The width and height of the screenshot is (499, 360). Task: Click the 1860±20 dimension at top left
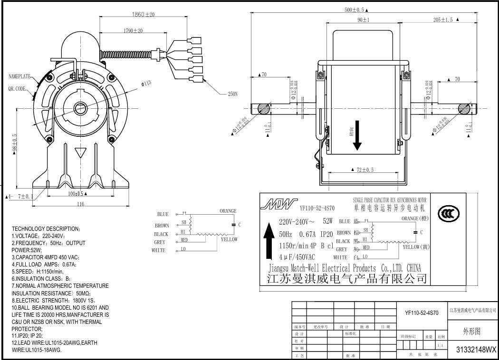143,15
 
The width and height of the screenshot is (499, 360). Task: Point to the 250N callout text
232,94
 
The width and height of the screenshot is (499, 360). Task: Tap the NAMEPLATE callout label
19,76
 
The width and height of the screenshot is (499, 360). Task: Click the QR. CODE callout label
17,89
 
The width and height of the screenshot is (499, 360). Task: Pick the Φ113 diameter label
146,84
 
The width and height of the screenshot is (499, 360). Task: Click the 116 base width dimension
80,204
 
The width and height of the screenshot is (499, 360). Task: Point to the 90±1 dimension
364,20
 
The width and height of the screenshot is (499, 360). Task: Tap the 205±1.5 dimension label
443,20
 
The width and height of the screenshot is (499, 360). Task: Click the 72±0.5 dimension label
362,170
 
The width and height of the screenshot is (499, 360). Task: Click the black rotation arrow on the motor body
357,135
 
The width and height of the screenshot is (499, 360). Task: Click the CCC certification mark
449,213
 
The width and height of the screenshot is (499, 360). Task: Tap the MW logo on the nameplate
278,205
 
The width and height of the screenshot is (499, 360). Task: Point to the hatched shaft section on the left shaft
263,109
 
